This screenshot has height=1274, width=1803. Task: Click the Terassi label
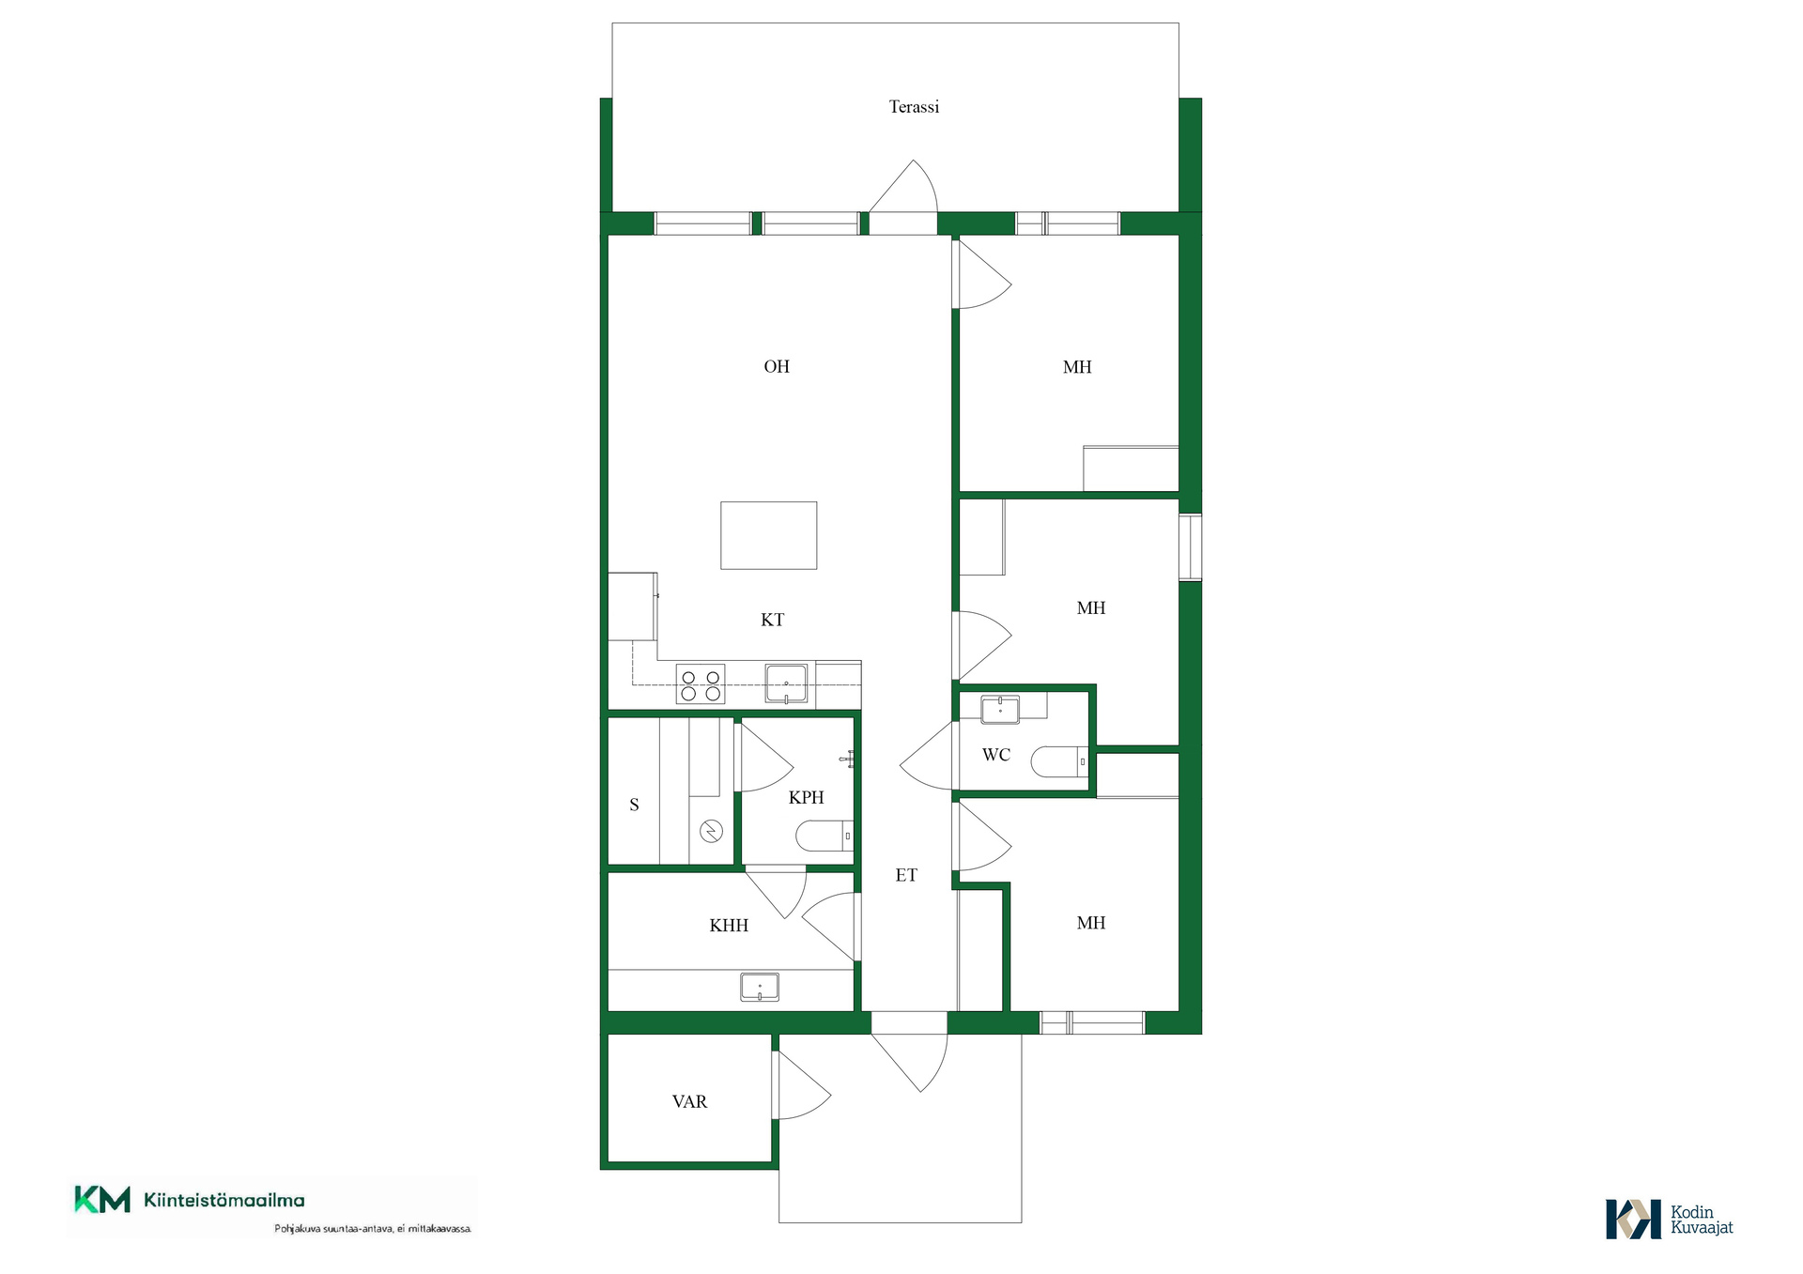pyautogui.click(x=914, y=107)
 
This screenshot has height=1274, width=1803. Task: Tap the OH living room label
pyautogui.click(x=777, y=367)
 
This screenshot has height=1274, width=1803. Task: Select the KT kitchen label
pyautogui.click(x=772, y=620)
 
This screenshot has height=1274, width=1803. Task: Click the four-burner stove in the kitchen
pyautogui.click(x=701, y=683)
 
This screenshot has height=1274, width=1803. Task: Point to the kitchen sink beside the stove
pyautogui.click(x=786, y=683)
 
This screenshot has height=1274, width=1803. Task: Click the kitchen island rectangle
pyautogui.click(x=768, y=535)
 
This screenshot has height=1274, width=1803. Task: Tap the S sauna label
pyautogui.click(x=634, y=805)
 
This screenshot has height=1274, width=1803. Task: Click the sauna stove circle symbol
pyautogui.click(x=711, y=831)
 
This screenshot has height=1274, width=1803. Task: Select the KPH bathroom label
pyautogui.click(x=806, y=798)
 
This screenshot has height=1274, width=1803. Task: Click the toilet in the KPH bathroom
pyautogui.click(x=824, y=835)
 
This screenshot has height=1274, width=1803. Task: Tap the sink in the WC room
pyautogui.click(x=1000, y=709)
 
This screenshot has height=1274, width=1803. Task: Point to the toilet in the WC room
pyautogui.click(x=1059, y=761)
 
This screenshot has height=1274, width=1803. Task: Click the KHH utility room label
pyautogui.click(x=729, y=926)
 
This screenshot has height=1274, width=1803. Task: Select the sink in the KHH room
pyautogui.click(x=759, y=988)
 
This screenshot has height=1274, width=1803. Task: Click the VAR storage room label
pyautogui.click(x=689, y=1102)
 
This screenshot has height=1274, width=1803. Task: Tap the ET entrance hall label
pyautogui.click(x=906, y=876)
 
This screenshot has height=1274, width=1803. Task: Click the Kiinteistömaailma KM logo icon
pyautogui.click(x=102, y=1200)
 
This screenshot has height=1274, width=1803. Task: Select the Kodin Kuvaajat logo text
pyautogui.click(x=1702, y=1220)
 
